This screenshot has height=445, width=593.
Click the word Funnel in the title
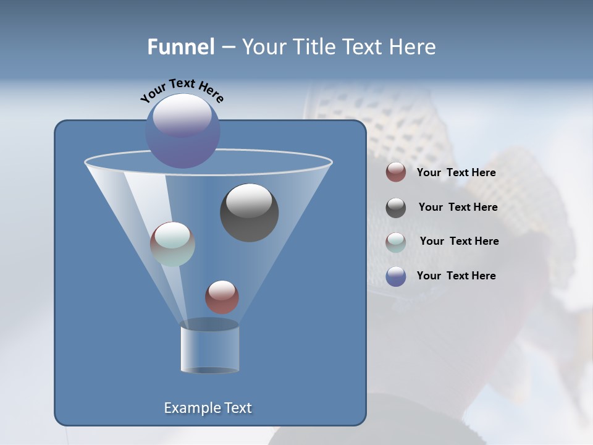point(180,47)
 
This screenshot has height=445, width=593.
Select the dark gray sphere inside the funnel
point(249,213)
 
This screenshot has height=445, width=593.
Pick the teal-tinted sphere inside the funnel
point(172,244)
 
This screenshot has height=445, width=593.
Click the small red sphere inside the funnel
point(222,297)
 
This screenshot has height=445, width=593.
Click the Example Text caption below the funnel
point(208,408)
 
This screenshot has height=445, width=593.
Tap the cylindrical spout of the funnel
point(209,348)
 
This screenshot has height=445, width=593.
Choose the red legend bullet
point(396,172)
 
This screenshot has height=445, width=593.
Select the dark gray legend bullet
point(396,208)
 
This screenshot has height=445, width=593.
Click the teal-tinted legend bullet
point(396,242)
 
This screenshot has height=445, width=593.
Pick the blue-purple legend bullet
point(396,276)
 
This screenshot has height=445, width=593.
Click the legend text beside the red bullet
point(456,173)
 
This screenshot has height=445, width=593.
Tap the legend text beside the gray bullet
point(458,208)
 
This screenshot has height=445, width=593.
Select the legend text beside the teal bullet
point(459,242)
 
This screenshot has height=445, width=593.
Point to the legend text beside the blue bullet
point(456,276)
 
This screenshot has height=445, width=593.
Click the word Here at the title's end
point(413,47)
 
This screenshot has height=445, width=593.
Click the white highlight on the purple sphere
point(182,115)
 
